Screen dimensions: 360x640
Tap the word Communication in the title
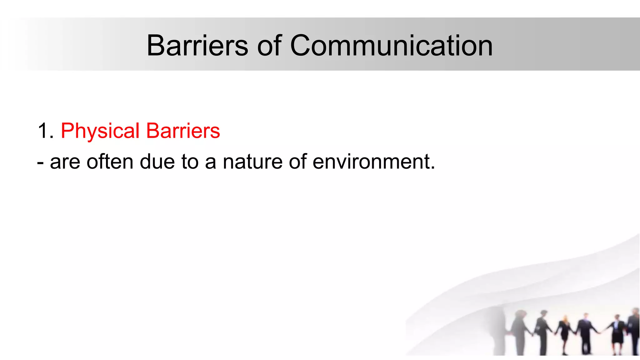pyautogui.click(x=391, y=46)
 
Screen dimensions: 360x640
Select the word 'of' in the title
pyautogui.click(x=269, y=46)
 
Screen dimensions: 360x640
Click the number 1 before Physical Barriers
pyautogui.click(x=43, y=131)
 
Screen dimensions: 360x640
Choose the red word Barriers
pyautogui.click(x=183, y=131)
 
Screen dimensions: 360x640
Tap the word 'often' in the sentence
pyautogui.click(x=110, y=162)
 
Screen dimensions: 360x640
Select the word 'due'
pyautogui.click(x=157, y=162)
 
